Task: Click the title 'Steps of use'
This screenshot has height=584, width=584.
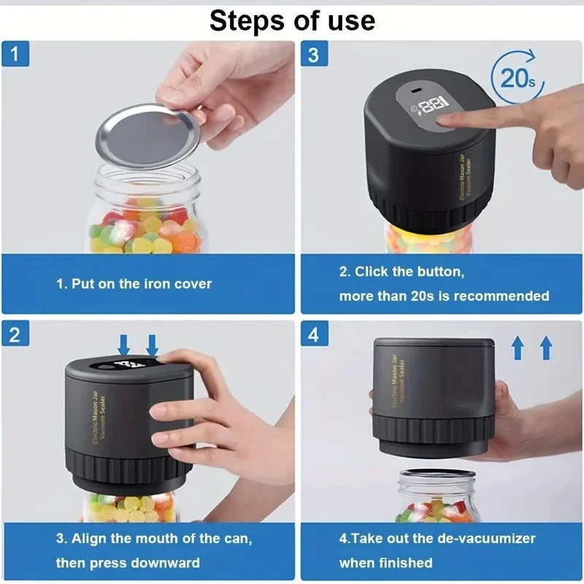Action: pyautogui.click(x=292, y=20)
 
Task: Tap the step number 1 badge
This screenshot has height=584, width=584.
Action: pyautogui.click(x=15, y=55)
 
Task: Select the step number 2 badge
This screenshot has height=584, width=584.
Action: pyautogui.click(x=15, y=334)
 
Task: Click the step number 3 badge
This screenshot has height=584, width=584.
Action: pyautogui.click(x=313, y=55)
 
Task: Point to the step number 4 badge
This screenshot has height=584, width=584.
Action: pyautogui.click(x=313, y=334)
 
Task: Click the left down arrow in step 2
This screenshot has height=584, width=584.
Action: pyautogui.click(x=123, y=344)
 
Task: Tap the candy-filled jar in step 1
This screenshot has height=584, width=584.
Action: pyautogui.click(x=146, y=215)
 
